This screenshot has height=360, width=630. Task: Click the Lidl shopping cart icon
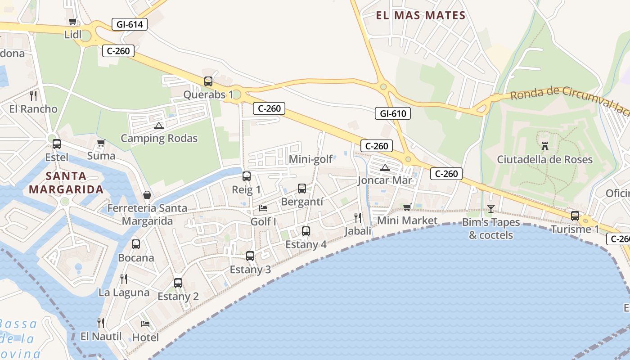click(x=72, y=21)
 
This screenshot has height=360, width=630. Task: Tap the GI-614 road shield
click(x=130, y=24)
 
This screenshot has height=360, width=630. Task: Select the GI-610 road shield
click(x=393, y=113)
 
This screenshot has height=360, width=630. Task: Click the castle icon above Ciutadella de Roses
click(x=545, y=146)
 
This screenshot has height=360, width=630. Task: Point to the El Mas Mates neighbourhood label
click(x=420, y=16)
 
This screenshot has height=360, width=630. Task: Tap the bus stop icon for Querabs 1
click(x=208, y=81)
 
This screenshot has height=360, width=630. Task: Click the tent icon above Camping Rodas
click(x=158, y=126)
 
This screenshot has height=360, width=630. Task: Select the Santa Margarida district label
click(x=66, y=182)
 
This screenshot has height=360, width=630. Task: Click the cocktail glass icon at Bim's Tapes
click(x=490, y=209)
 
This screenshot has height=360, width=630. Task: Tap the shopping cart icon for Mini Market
click(x=407, y=207)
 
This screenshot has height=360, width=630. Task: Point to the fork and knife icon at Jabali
click(x=358, y=218)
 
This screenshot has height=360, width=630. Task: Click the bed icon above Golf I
click(x=263, y=208)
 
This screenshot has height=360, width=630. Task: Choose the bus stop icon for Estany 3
click(x=250, y=256)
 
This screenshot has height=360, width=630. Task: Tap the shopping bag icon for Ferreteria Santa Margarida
click(x=147, y=195)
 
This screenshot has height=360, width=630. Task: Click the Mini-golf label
click(x=310, y=159)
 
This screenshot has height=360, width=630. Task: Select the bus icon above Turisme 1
click(x=575, y=216)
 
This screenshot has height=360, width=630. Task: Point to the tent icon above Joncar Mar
click(x=385, y=168)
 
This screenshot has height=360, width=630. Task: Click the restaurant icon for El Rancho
click(x=33, y=95)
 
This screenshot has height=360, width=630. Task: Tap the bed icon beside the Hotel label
click(x=145, y=324)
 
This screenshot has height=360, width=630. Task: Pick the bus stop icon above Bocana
click(x=136, y=244)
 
